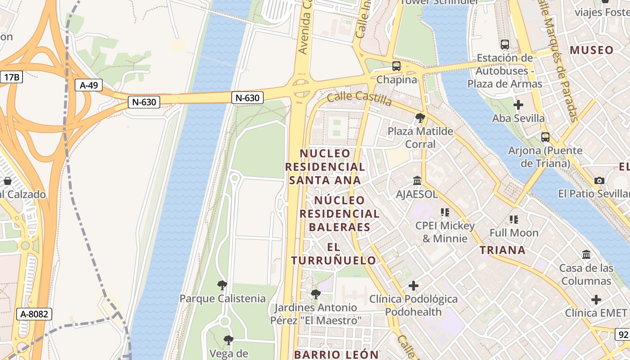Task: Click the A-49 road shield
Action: (89, 85)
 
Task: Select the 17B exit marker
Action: (11, 77)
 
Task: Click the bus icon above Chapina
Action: (396, 66)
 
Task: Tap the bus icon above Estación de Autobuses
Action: (505, 45)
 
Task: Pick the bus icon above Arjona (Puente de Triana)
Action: (545, 137)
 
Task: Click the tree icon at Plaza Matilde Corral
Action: (420, 118)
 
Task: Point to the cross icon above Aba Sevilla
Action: (518, 105)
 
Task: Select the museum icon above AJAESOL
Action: (417, 181)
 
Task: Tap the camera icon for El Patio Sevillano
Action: (599, 180)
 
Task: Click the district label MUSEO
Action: (591, 50)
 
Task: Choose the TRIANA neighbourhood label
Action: (502, 250)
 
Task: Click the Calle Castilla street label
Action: (360, 98)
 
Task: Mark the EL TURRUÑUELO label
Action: (333, 254)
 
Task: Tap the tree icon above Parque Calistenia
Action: (222, 285)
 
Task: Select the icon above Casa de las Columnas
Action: (586, 255)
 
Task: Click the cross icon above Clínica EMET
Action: (596, 300)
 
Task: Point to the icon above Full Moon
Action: (514, 220)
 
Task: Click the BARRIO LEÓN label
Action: (336, 355)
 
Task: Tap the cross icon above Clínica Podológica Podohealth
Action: (413, 285)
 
